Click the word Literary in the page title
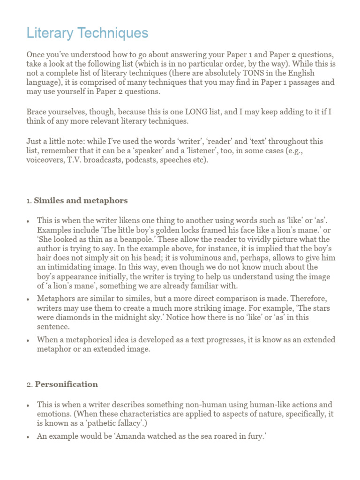point(50,33)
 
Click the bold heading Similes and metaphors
point(81,201)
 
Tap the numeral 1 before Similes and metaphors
point(28,201)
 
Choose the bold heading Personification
point(66,384)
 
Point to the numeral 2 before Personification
point(29,384)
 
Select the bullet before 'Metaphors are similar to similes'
point(29,299)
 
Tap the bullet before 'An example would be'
point(29,436)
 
